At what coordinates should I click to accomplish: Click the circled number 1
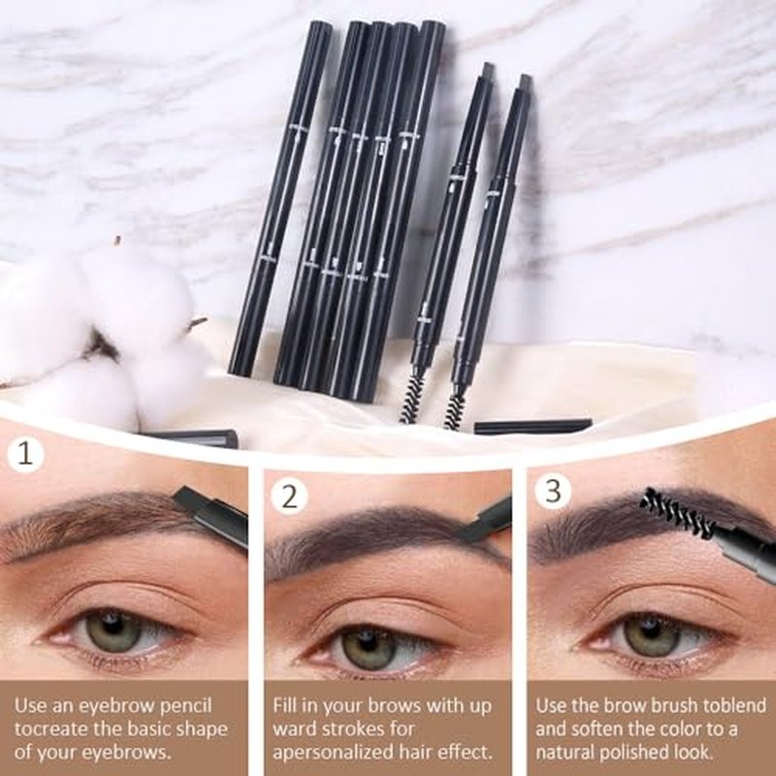pyautogui.click(x=25, y=454)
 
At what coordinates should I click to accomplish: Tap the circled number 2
pyautogui.click(x=290, y=497)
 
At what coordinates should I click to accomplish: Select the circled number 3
pyautogui.click(x=553, y=491)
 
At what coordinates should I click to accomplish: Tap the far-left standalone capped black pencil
pyautogui.click(x=280, y=198)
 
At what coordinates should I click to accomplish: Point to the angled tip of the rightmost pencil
pyautogui.click(x=525, y=81)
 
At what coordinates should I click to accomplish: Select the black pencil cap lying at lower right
pyautogui.click(x=533, y=427)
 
